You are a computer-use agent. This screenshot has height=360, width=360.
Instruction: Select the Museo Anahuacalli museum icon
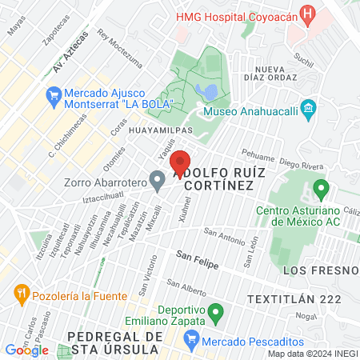310,108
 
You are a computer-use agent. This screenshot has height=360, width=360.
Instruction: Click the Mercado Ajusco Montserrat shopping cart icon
54,98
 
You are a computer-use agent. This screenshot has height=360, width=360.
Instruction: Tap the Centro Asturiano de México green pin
322,190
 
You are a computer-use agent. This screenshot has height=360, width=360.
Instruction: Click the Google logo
26,350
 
